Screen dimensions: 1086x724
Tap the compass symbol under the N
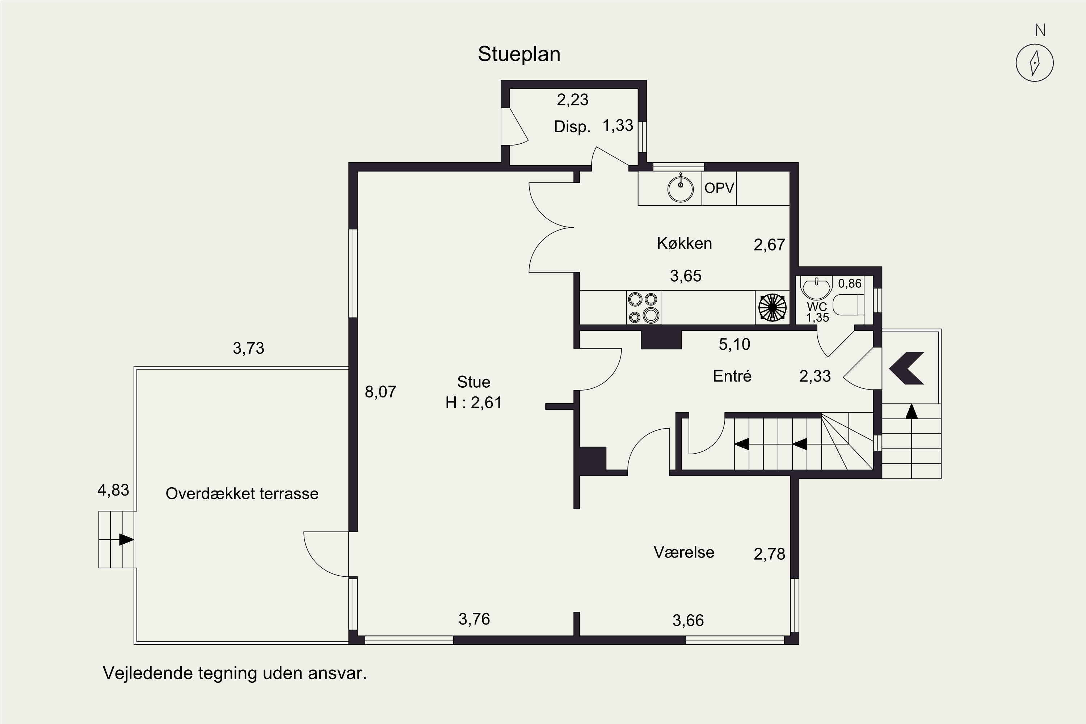pos(1035,63)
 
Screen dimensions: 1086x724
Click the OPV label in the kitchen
pos(719,188)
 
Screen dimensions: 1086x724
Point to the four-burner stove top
pos(644,307)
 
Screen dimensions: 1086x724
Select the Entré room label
pos(732,376)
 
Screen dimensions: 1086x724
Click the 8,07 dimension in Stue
pos(380,392)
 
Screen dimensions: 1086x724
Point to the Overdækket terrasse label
pos(242,494)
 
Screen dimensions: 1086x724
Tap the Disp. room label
pos(572,126)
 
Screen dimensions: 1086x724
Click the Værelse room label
pos(684,552)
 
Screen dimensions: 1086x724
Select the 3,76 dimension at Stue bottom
pos(474,619)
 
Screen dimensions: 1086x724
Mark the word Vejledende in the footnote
pos(147,673)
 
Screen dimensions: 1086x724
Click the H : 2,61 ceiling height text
pos(473,403)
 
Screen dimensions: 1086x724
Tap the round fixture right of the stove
pos(773,307)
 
